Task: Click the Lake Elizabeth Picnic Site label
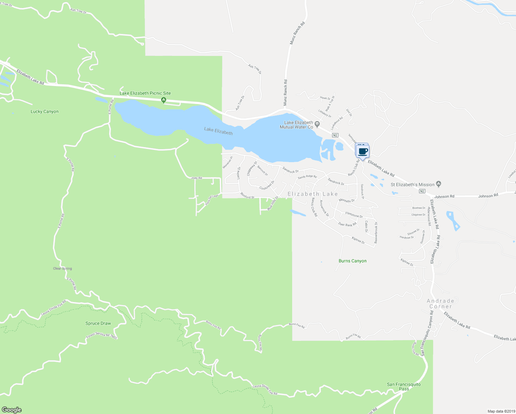pyautogui.click(x=145, y=93)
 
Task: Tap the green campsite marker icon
pyautogui.click(x=164, y=100)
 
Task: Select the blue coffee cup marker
pyautogui.click(x=363, y=151)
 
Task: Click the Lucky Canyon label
pyautogui.click(x=44, y=111)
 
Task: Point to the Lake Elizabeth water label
pyautogui.click(x=218, y=131)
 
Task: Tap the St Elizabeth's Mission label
pyautogui.click(x=412, y=185)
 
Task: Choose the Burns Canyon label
pyautogui.click(x=353, y=261)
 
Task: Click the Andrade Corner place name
pyautogui.click(x=440, y=304)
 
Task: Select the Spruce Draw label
pyautogui.click(x=98, y=323)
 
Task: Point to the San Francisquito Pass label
pyautogui.click(x=404, y=386)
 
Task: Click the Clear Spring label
pyautogui.click(x=62, y=268)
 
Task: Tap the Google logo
pyautogui.click(x=12, y=410)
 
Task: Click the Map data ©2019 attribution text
pyautogui.click(x=501, y=411)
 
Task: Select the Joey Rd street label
pyautogui.click(x=197, y=178)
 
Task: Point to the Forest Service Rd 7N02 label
pyautogui.click(x=102, y=335)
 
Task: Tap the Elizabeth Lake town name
pyautogui.click(x=312, y=194)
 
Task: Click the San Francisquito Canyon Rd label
pyautogui.click(x=427, y=333)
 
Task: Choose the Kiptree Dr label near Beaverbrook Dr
pyautogui.click(x=358, y=240)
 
